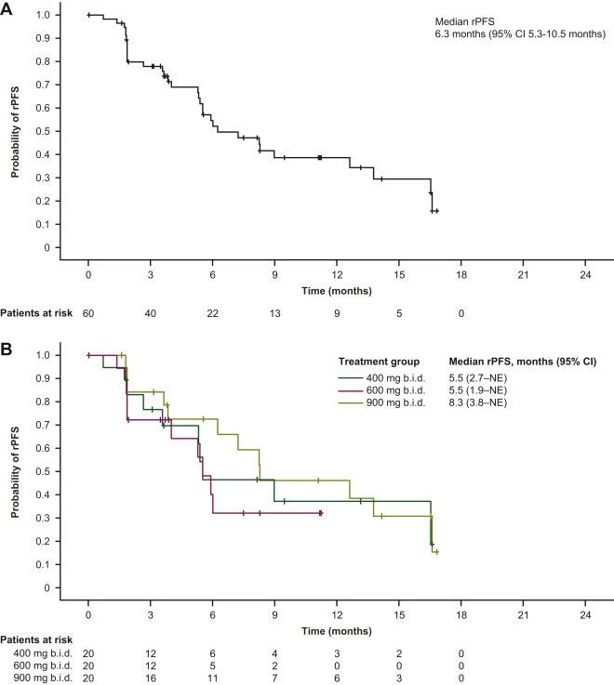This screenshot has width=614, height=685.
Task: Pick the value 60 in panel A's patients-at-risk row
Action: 87,313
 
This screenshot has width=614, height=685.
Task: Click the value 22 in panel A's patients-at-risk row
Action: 212,313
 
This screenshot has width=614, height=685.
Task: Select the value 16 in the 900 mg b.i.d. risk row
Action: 150,678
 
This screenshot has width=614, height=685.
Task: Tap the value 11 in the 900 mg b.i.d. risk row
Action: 212,678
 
